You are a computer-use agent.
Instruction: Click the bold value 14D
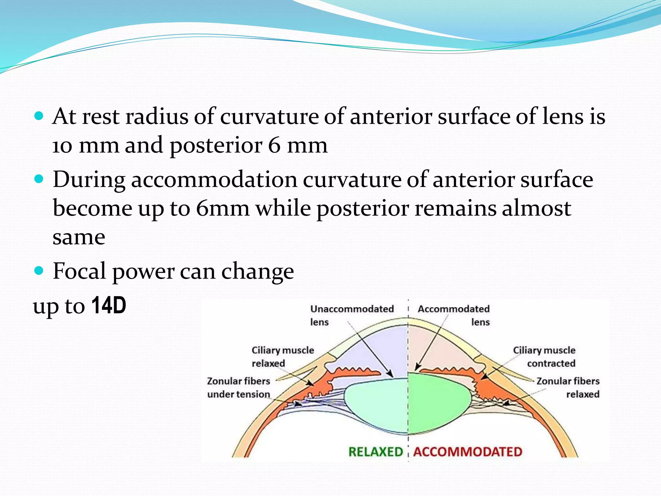(x=109, y=305)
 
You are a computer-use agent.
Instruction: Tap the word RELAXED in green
(x=376, y=452)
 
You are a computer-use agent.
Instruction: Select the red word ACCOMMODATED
(x=468, y=452)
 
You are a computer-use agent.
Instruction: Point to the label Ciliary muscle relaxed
(x=282, y=356)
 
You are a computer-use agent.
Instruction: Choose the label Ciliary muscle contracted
(x=544, y=356)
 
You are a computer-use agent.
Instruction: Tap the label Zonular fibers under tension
(x=239, y=387)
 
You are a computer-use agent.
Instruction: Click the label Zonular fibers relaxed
(x=568, y=387)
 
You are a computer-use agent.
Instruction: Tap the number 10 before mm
(x=62, y=146)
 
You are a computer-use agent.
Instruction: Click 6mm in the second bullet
(x=223, y=208)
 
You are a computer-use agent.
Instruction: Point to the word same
(x=79, y=237)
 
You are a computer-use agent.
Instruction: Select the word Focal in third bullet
(x=79, y=271)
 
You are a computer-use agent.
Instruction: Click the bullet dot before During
(x=39, y=179)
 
